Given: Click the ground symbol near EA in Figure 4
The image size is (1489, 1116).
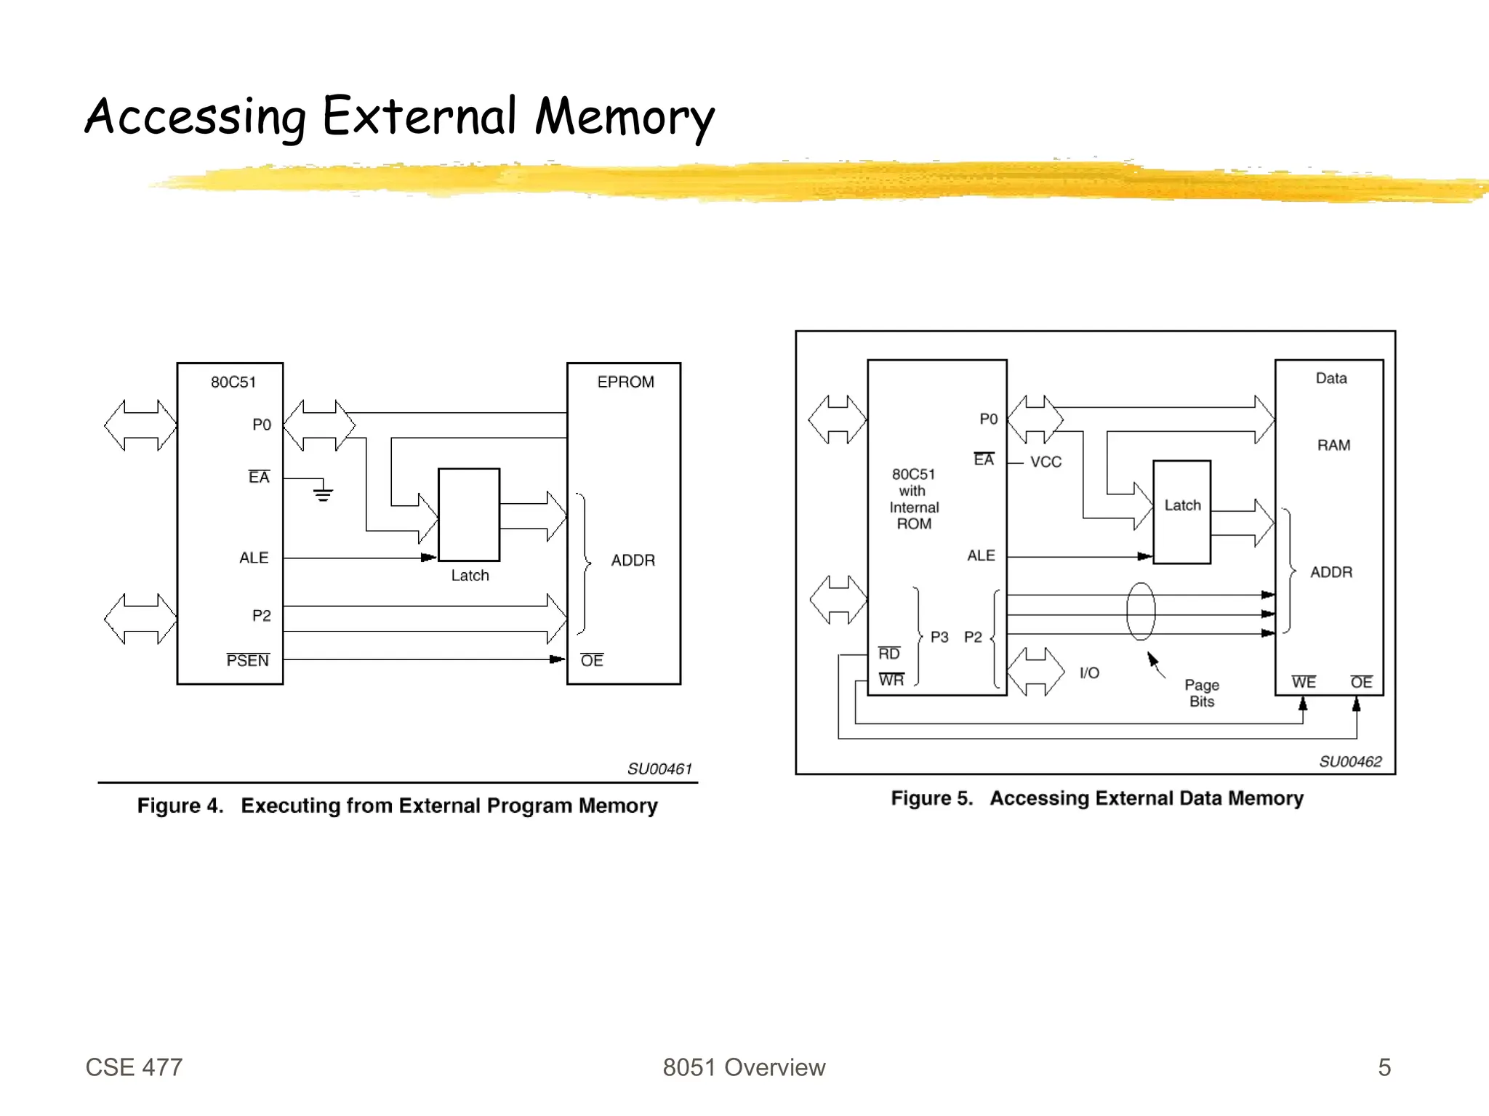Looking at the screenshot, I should click(323, 494).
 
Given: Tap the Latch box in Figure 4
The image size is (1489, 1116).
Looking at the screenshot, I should click(469, 515).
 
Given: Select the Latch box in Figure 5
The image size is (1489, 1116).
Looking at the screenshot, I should click(1182, 512).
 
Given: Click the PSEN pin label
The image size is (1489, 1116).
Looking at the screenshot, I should click(248, 660).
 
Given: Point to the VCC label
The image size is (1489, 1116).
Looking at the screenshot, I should click(1045, 462).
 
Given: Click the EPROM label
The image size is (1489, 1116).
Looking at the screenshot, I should click(625, 382).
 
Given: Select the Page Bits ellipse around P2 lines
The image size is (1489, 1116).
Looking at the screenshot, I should click(1141, 611).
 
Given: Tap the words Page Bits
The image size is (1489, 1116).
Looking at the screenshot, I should click(1202, 693).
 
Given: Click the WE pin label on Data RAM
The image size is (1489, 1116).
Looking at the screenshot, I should click(1304, 682).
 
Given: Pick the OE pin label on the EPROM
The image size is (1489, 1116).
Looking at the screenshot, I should click(592, 660).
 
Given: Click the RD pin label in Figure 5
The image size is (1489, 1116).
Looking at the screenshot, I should click(889, 654).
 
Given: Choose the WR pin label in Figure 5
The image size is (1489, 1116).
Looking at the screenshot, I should click(891, 680).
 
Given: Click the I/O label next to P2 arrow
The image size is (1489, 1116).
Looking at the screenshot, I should click(1089, 673).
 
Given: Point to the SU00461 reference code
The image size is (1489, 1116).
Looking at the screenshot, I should click(659, 768).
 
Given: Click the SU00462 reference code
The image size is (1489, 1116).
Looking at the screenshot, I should click(1350, 761).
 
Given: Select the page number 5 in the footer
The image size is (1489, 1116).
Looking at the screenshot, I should click(1384, 1067).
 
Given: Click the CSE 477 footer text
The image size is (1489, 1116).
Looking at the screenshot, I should click(135, 1067).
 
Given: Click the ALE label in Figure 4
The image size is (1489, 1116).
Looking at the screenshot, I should click(254, 558).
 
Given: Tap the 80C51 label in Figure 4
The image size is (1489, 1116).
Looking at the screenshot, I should click(233, 382).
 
